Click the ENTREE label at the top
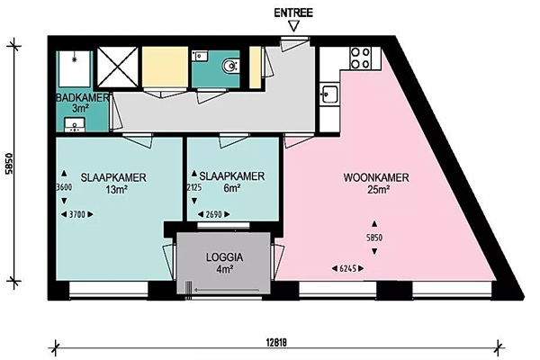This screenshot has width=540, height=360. point(293,13)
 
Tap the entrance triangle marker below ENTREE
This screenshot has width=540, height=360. point(293,26)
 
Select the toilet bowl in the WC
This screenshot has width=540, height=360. point(229,66)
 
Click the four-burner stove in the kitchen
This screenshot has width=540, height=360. point(360,58)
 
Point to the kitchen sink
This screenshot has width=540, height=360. point(328,94)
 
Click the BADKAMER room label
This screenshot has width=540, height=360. point(83,97)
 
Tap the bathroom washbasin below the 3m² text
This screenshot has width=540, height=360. point(75,124)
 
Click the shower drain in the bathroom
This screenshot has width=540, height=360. point(74,59)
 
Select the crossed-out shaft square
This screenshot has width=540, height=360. point(118,67)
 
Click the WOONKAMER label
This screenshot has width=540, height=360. point(376,178)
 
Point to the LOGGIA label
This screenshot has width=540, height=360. point(224,257)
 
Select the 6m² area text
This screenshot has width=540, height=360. point(232,188)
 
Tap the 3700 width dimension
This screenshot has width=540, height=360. point(77,214)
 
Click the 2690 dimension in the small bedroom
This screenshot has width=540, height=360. point(213,214)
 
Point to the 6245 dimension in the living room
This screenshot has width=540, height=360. point(347,268)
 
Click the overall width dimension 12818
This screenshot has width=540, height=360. point(276,343)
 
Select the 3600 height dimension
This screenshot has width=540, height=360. point(64,187)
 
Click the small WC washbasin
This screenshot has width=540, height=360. point(200,56)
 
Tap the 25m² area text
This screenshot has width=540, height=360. point(379,190)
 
